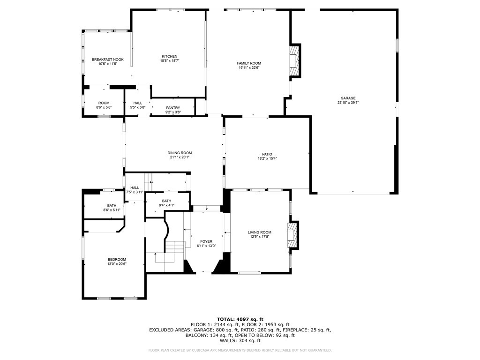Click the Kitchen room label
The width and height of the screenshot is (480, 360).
pyautogui.click(x=170, y=56)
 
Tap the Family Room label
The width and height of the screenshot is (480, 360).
pyautogui.click(x=249, y=63)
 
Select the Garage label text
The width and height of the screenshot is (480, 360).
pyautogui.click(x=348, y=98)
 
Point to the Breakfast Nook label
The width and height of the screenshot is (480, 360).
pyautogui.click(x=108, y=60)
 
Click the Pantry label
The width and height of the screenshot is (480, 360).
pyautogui.click(x=173, y=108)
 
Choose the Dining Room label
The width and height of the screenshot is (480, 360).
pyautogui.click(x=180, y=153)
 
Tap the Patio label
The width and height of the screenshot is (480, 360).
pyautogui.click(x=267, y=154)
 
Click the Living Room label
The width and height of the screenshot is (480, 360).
pyautogui.click(x=260, y=232)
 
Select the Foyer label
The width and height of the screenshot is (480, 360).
pyautogui.click(x=206, y=241)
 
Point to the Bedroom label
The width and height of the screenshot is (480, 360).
pyautogui.click(x=117, y=260)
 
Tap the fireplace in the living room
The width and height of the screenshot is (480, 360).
pyautogui.click(x=292, y=235)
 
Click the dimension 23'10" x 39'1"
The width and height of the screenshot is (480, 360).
pyautogui.click(x=348, y=103)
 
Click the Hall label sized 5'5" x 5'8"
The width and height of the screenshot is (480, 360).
pyautogui.click(x=138, y=103)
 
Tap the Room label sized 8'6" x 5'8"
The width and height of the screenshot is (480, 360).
pyautogui.click(x=104, y=103)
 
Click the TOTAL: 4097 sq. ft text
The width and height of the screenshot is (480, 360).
pyautogui.click(x=240, y=319)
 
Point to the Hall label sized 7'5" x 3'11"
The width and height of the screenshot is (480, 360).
pyautogui.click(x=135, y=187)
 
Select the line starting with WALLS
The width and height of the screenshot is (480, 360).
pyautogui.click(x=240, y=340)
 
